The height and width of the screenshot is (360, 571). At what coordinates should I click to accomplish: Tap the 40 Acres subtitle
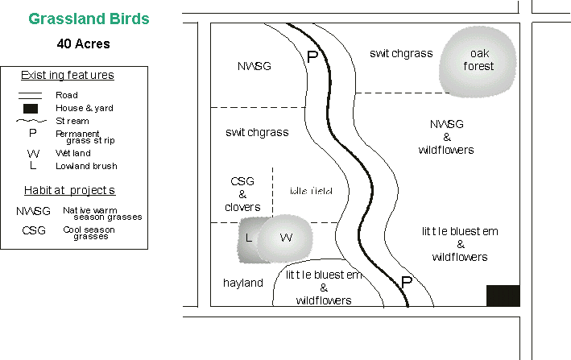[83, 43]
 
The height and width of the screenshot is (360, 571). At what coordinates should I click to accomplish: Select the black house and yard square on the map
[503, 296]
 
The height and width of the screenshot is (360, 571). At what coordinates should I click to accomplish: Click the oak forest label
[478, 60]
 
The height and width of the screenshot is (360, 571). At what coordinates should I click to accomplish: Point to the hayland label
[242, 283]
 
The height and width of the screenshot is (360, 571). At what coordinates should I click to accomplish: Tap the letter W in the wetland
[284, 238]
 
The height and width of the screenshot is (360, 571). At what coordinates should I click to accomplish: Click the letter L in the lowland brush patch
[248, 238]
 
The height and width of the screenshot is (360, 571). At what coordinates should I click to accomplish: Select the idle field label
[310, 190]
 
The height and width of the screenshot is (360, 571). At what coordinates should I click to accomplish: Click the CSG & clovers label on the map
[242, 193]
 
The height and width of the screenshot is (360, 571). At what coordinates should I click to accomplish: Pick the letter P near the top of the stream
[312, 57]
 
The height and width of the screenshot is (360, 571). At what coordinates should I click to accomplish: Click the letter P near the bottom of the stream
[407, 283]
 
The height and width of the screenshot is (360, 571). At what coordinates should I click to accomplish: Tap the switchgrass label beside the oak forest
[401, 53]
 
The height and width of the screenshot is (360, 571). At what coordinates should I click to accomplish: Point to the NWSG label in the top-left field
[254, 65]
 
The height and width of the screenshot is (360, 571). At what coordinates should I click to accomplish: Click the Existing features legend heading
[67, 76]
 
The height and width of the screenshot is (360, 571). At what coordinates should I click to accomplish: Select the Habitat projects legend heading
[68, 190]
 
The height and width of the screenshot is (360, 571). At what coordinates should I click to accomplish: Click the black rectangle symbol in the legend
[31, 108]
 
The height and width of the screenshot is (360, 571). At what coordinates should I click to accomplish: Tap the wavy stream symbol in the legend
[31, 121]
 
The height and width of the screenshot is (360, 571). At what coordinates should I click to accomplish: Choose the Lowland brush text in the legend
[86, 166]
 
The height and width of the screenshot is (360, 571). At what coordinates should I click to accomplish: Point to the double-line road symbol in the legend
[31, 95]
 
